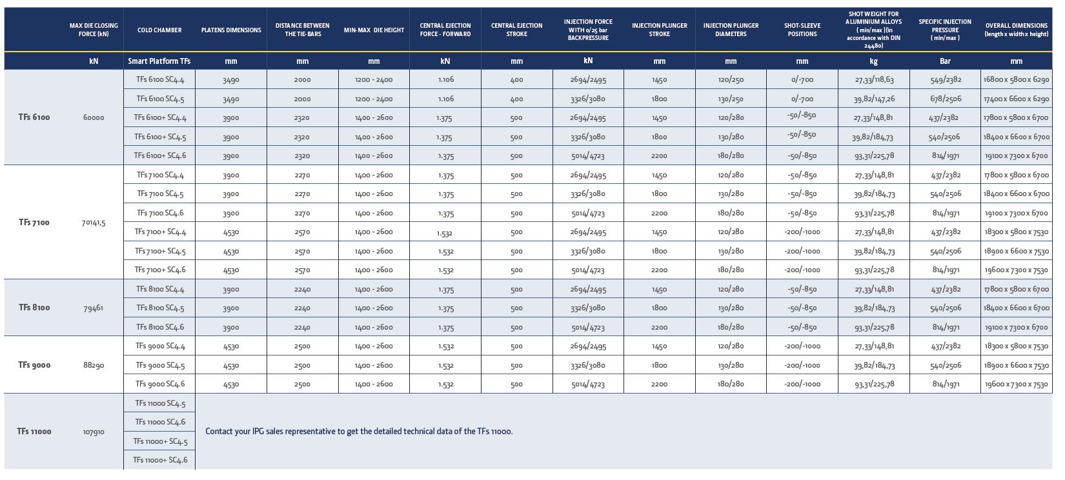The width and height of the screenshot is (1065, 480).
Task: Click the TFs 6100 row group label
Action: coord(34,117)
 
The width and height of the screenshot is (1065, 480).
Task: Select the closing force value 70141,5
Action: coord(94,223)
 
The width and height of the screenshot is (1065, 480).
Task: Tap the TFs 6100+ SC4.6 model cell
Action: coord(160,155)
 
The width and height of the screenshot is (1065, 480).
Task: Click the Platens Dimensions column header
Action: coord(231,30)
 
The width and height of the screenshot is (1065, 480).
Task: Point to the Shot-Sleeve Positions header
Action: coord(802,30)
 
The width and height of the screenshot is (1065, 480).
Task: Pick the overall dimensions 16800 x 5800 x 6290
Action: coord(1017,80)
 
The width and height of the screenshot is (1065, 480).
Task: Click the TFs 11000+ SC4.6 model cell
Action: coord(160,460)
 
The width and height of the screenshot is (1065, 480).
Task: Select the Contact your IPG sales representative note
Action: coord(359,432)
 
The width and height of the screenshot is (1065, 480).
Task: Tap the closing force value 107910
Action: coord(94,432)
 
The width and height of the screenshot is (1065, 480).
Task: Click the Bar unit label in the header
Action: coord(945,61)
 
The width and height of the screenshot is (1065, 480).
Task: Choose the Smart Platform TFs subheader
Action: coord(159,61)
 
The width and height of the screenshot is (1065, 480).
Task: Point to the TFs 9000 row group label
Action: coord(34,365)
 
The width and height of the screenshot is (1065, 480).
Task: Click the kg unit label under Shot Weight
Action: coord(873,61)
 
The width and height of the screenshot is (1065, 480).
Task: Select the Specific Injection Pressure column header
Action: coord(945,30)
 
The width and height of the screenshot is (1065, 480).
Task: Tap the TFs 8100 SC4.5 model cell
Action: coord(160,308)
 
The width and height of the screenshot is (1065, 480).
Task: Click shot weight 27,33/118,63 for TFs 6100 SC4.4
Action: coord(874,80)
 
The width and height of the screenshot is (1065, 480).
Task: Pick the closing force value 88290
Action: coord(94,365)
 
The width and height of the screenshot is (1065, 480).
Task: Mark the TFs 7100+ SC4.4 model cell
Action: coord(160,232)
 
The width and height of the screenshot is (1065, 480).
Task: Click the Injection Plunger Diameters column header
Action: coord(731,30)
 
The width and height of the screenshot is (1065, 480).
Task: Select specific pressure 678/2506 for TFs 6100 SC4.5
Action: coord(946,99)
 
